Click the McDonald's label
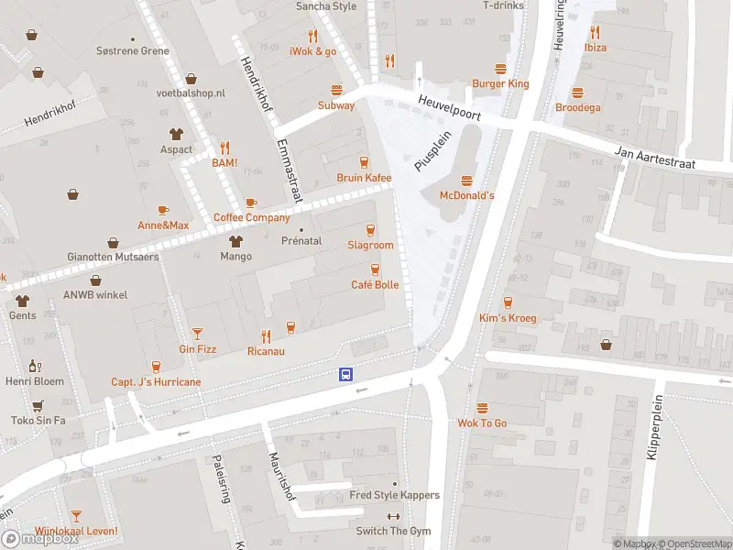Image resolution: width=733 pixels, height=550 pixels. coord(466,195)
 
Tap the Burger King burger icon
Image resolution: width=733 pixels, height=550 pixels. coord(500,69)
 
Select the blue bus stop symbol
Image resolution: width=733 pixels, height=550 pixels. coord(346,374)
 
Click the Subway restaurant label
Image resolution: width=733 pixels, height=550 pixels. coord(336,105)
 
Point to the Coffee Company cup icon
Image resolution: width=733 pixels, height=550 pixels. coord(251,203)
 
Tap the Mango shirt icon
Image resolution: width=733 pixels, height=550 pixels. coord(235,241)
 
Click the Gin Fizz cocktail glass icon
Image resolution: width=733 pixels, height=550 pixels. coord(197,334)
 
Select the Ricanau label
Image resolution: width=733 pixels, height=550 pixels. coord(266,351)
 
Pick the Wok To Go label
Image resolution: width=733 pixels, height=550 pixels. coord(482,423)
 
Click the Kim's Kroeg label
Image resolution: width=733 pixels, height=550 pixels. coord(508,317)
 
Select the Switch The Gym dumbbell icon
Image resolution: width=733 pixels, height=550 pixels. coord(395,517)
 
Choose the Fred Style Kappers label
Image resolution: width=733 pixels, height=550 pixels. coord(394,495)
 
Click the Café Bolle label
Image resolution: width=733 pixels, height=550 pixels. coord(375,284)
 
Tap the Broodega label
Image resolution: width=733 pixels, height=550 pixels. coord(577,107)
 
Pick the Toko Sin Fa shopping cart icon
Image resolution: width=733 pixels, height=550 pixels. coord(38,405)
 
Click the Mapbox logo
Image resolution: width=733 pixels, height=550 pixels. coord(40,539)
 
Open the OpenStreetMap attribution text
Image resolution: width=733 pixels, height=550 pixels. coord(693,544)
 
